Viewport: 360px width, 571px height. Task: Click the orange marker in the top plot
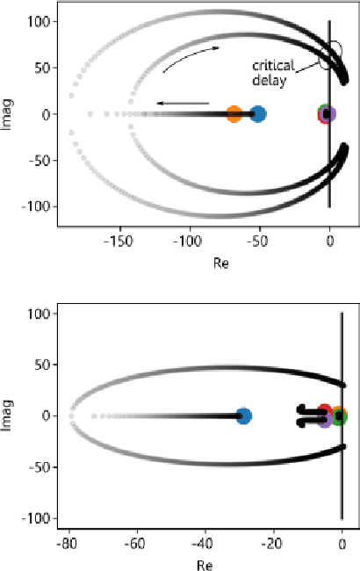coord(234,113)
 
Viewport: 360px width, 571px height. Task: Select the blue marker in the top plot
coord(257,113)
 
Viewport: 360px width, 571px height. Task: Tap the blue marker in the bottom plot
coord(244,416)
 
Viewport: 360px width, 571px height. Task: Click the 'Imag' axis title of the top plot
coord(8,113)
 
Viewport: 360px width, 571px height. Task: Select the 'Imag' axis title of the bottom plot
coord(8,416)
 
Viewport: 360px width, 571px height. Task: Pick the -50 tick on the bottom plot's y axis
coord(35,466)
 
